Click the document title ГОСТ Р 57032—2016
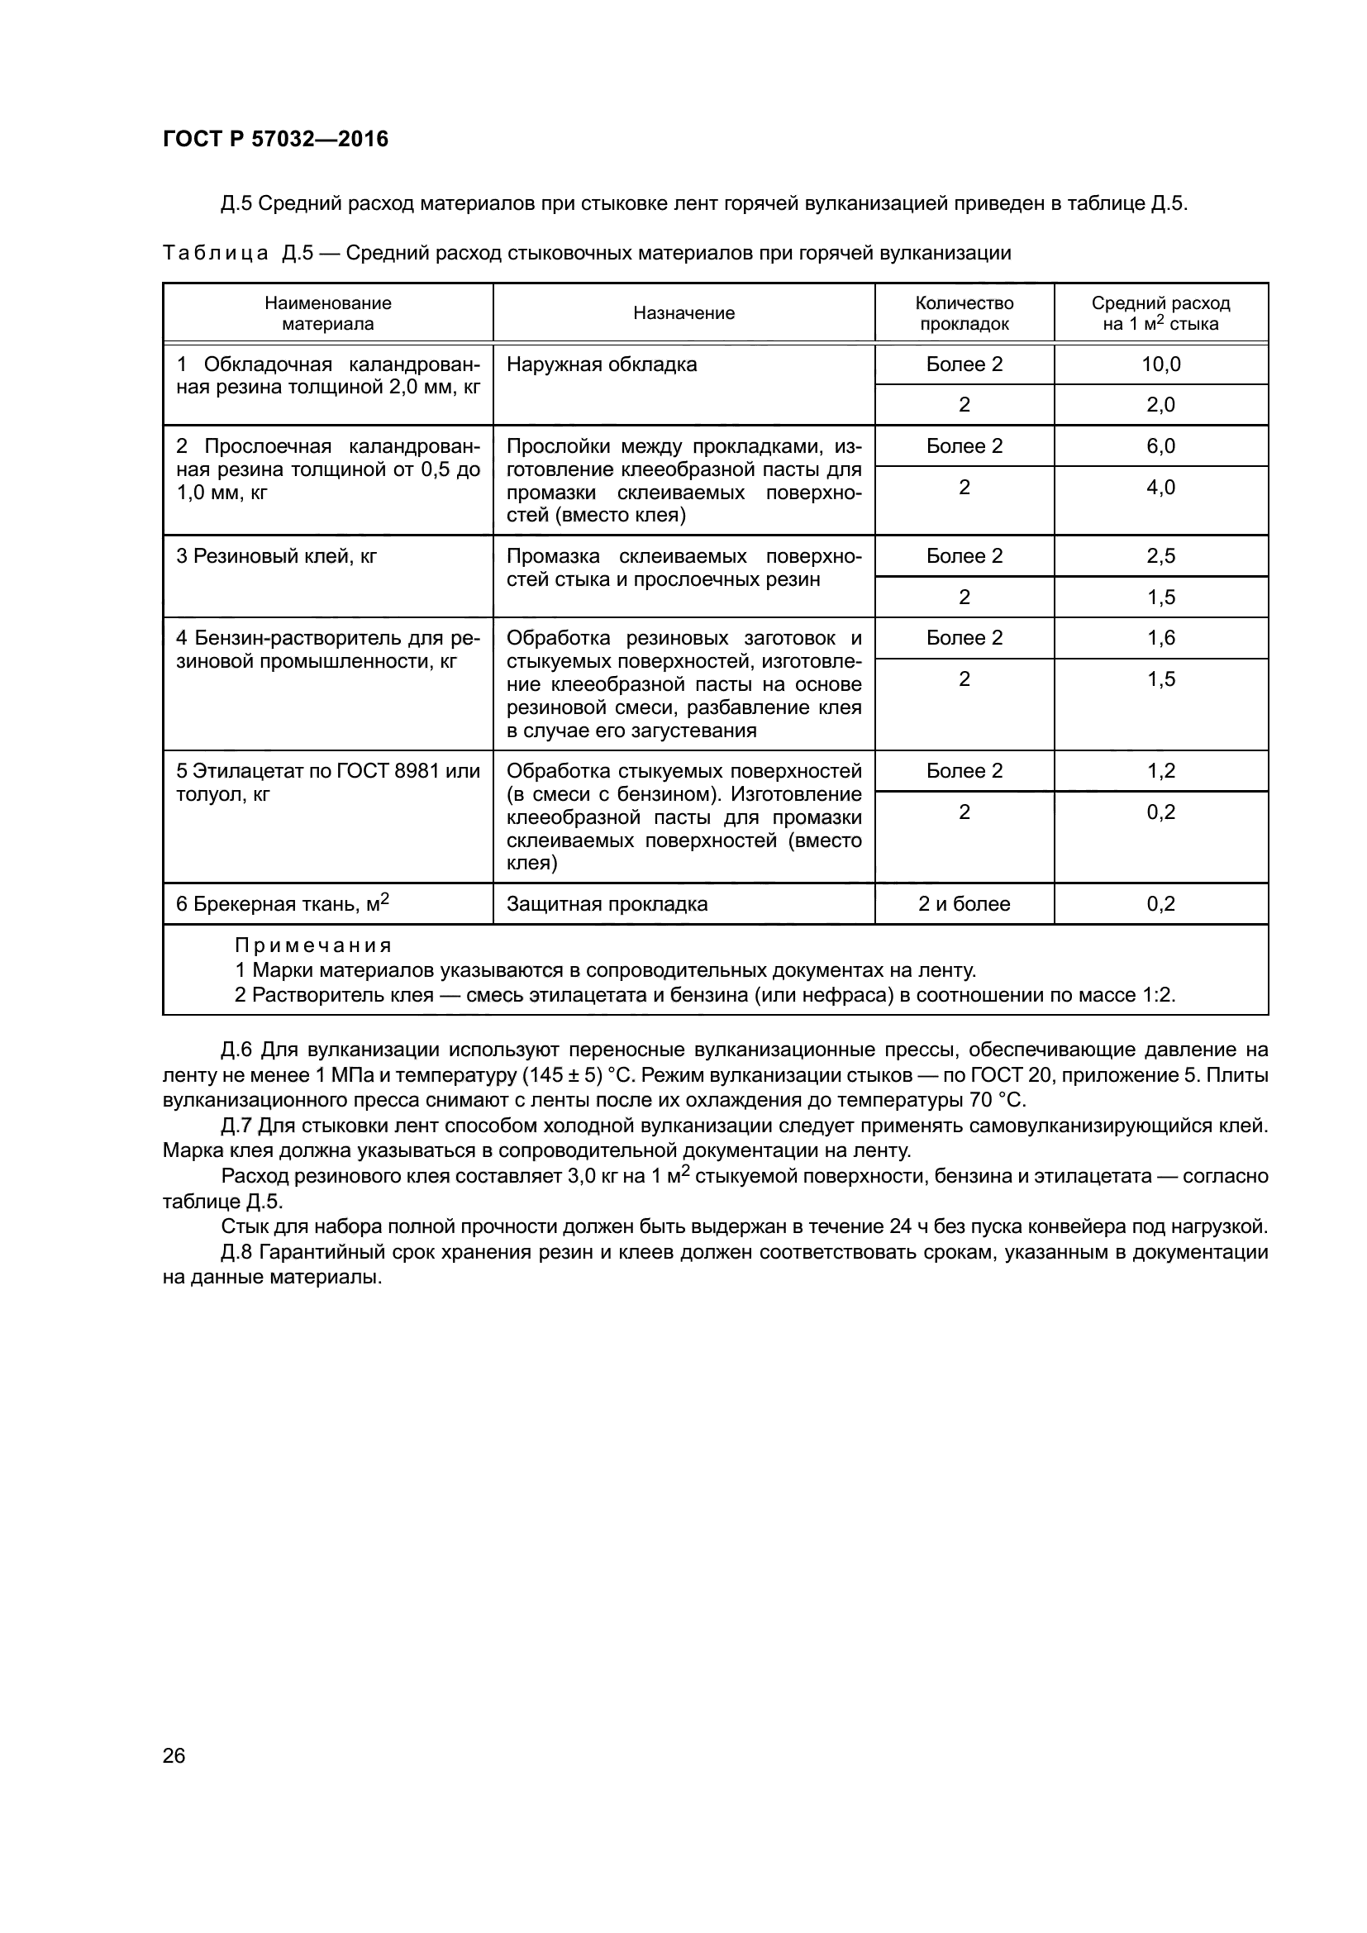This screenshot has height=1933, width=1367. [275, 139]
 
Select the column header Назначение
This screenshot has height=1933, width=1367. [683, 313]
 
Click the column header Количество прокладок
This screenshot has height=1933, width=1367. [964, 313]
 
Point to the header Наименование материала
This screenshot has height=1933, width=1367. [327, 313]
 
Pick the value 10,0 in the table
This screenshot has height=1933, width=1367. [1160, 364]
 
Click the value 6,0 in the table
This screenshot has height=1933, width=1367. [1160, 446]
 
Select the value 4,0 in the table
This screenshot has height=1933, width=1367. [1160, 488]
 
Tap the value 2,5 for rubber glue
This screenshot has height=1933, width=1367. [1160, 556]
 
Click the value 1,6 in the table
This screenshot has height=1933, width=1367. [1160, 638]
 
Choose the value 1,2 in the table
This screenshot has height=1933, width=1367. [1160, 771]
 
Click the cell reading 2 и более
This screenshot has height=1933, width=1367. [964, 904]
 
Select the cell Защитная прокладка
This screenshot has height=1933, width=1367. [607, 904]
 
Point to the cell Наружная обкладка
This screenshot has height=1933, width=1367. [602, 364]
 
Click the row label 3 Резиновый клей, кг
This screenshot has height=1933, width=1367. [276, 556]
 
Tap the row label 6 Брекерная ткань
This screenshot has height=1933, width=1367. [282, 904]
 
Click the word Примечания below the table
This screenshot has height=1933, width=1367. [313, 945]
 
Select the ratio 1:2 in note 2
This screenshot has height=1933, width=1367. [1157, 995]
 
